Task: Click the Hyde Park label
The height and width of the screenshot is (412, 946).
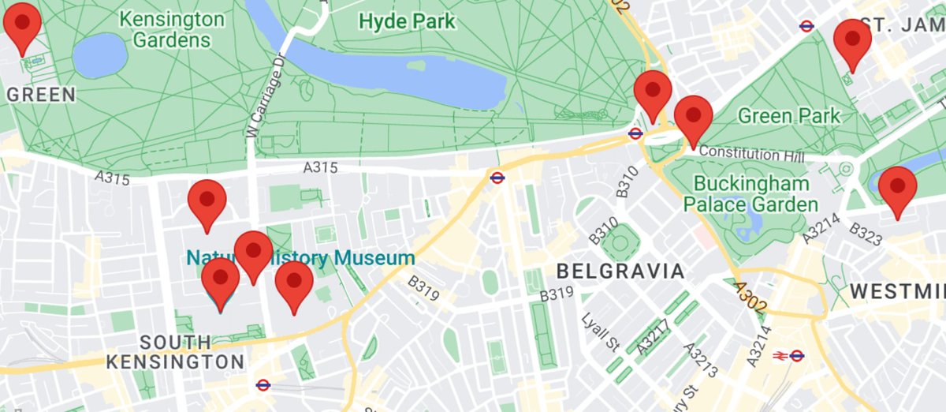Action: point(407,21)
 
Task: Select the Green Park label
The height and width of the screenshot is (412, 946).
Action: point(788,117)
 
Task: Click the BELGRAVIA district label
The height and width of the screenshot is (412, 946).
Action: point(620,272)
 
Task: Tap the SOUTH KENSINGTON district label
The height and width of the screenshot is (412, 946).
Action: point(175,352)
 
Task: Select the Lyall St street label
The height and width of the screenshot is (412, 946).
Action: point(601,332)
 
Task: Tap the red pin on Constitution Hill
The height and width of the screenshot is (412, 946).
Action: point(693,117)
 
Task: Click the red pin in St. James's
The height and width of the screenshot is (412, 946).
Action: point(852,41)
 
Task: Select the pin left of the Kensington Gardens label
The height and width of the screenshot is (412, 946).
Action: point(22,24)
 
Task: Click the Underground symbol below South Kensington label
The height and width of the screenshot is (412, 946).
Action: point(263,385)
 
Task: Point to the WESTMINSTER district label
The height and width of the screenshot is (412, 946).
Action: point(897,292)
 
